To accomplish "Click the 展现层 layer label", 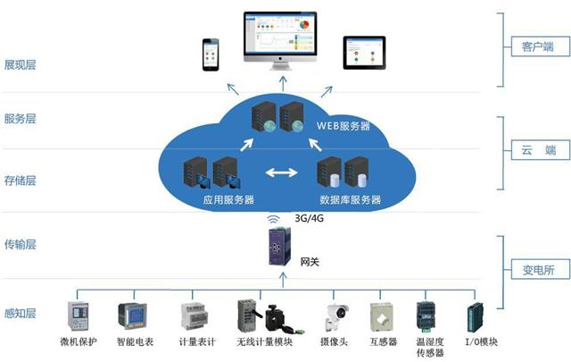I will tap(22, 65).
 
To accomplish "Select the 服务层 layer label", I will tap(22, 118).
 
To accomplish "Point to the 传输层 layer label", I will tap(22, 244).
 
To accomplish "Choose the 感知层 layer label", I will tap(22, 314).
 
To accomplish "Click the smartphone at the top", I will tap(211, 55).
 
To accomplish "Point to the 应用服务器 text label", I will tap(228, 198).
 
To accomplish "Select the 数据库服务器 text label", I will tap(351, 198).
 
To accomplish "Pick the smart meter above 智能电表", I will tap(132, 316).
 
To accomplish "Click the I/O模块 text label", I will tap(481, 342).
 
